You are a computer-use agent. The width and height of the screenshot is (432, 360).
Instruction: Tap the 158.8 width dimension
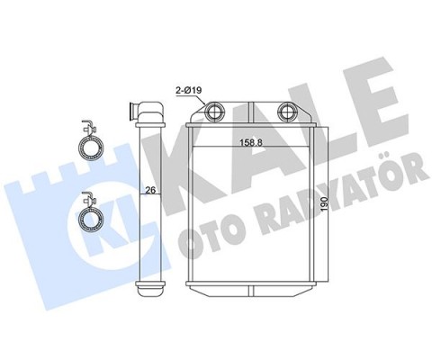pyautogui.click(x=252, y=141)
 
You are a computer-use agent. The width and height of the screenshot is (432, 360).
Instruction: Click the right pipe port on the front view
pyautogui.click(x=286, y=113)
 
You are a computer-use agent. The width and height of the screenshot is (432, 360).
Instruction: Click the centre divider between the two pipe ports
pyautogui.click(x=252, y=111)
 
